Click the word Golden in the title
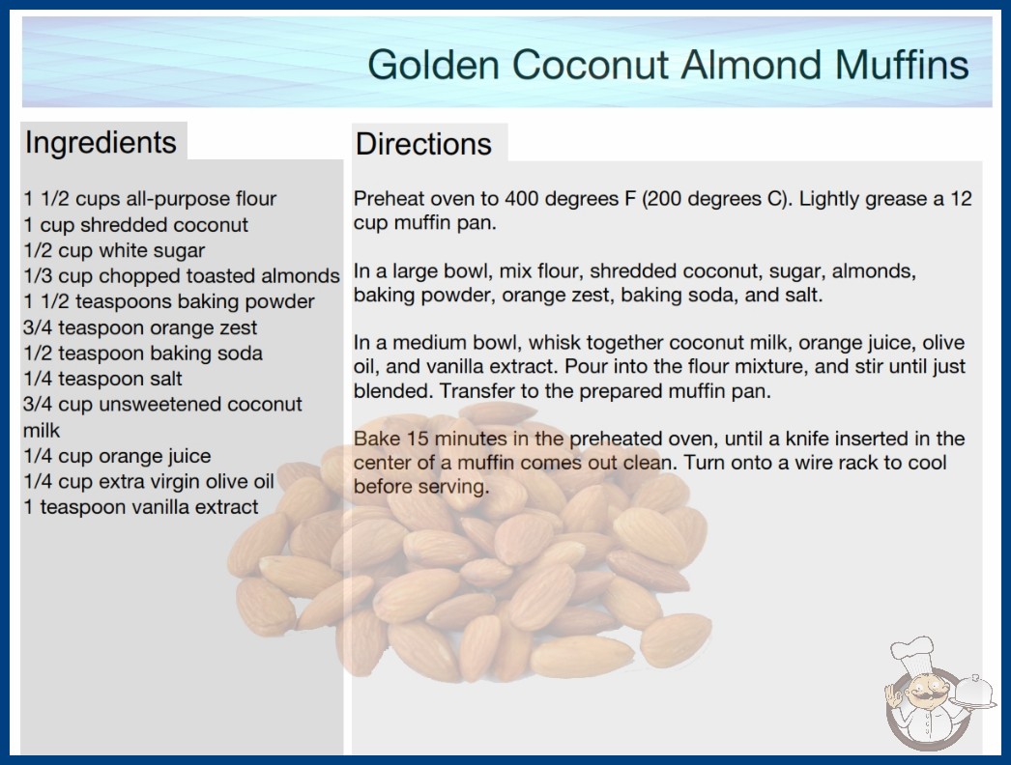tap(434, 65)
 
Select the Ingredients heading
tap(101, 142)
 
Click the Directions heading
tap(423, 144)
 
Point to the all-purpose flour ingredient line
tap(150, 199)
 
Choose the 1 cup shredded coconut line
tap(135, 225)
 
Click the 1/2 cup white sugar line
tap(114, 250)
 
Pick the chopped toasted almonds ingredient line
tap(181, 276)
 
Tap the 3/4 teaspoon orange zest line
tap(140, 327)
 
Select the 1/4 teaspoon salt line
tap(102, 379)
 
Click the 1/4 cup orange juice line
tap(117, 456)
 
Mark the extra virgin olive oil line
tap(148, 481)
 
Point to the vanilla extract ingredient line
tap(140, 507)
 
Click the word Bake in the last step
tap(376, 439)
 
